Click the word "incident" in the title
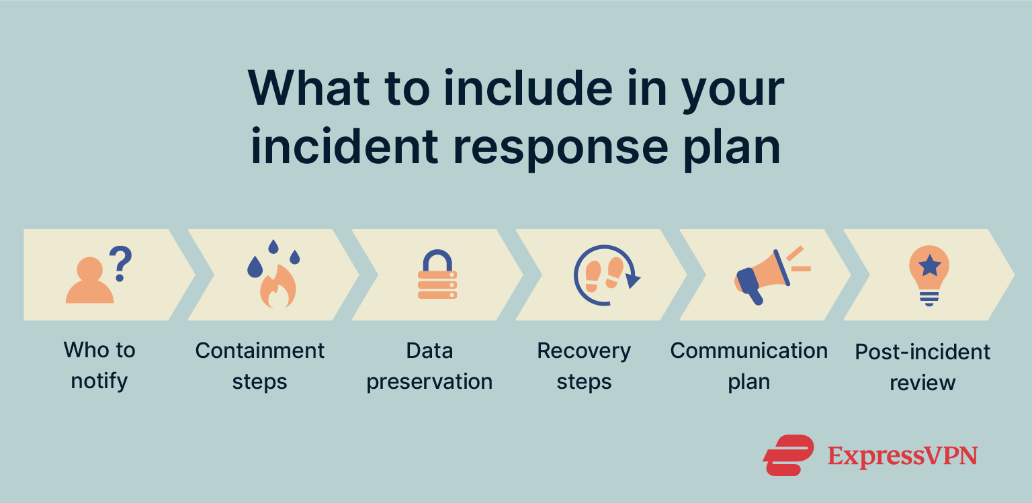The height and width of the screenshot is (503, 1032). coord(344,146)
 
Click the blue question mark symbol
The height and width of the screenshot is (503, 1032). coord(122,263)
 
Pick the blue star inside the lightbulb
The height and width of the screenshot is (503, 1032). coord(929,266)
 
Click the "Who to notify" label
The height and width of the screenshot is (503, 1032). coord(99,365)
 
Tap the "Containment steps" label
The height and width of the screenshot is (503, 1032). coord(260,365)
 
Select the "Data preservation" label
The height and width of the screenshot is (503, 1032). coord(429,365)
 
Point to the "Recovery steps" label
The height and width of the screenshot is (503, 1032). coord(584,365)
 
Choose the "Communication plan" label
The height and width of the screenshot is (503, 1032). coord(748,365)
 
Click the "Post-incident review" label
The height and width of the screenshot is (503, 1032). coord(922,367)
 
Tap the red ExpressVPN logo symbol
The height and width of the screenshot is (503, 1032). coord(787,455)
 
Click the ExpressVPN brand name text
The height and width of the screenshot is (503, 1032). coord(902,456)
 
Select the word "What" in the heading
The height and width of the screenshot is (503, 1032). coord(308,87)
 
